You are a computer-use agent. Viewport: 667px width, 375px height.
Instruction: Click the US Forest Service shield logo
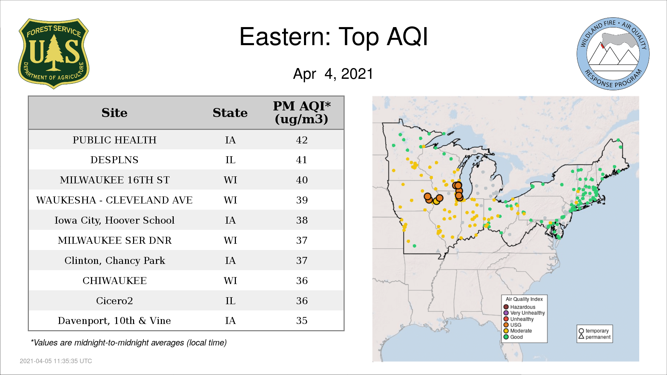(53, 54)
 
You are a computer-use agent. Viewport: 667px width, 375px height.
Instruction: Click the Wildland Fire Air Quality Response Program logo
(613, 54)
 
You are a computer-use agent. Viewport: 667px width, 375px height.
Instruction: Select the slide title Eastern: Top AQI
(333, 37)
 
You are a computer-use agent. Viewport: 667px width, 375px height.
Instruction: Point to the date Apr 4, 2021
(333, 74)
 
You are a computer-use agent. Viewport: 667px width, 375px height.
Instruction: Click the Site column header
(114, 113)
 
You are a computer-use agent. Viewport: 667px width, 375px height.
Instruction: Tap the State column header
(230, 113)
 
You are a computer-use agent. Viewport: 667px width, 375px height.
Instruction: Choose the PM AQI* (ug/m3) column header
(302, 112)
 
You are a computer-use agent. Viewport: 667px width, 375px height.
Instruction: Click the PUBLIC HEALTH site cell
(115, 140)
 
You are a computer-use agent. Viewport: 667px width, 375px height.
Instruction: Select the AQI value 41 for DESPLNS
(302, 160)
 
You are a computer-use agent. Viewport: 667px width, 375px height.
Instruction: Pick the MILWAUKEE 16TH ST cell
(115, 180)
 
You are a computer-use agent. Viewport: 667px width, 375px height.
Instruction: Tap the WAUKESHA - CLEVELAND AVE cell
(114, 200)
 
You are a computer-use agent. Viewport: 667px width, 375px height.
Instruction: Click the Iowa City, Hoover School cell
(114, 220)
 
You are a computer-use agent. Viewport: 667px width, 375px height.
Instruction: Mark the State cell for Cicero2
(230, 301)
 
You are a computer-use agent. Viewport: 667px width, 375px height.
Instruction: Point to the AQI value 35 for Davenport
(302, 320)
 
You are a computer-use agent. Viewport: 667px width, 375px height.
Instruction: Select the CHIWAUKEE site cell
(115, 281)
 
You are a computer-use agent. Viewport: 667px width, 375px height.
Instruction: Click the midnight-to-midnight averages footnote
(129, 343)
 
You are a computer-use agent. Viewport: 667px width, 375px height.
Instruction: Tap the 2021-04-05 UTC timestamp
(56, 361)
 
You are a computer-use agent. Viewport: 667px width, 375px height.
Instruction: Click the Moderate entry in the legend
(518, 331)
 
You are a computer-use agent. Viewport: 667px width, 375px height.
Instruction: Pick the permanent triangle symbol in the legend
(581, 336)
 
